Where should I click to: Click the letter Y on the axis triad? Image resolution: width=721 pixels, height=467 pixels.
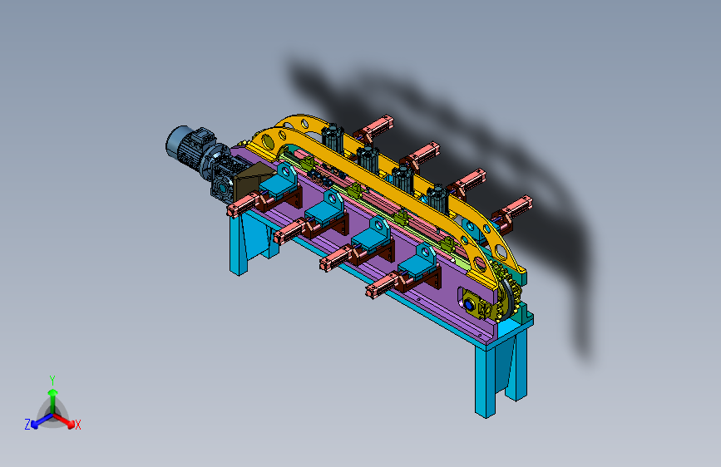click(52, 381)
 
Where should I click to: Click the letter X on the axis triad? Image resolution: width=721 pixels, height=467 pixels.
click(77, 425)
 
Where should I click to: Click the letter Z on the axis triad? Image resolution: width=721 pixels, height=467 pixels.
click(27, 425)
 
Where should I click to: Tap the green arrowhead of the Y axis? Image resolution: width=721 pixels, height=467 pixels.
click(53, 392)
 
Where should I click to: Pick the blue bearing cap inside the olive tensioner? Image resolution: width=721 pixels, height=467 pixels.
click(468, 305)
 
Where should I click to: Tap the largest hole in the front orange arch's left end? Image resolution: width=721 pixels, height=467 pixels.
click(267, 141)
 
